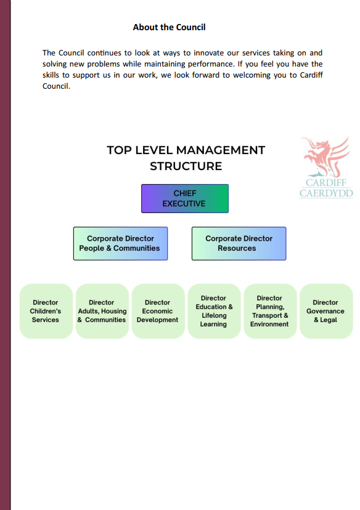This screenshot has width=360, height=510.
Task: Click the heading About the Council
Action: click(x=169, y=27)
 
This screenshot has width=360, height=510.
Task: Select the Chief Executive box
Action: click(x=185, y=198)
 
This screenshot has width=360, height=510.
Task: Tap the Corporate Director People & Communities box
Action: click(x=120, y=243)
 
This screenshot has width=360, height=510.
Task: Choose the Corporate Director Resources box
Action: click(x=239, y=243)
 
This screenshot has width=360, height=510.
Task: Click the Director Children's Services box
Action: click(x=46, y=311)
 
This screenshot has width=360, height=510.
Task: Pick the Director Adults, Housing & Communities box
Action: click(x=102, y=311)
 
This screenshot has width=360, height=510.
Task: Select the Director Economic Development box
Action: click(x=158, y=311)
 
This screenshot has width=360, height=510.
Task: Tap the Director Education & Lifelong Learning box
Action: click(x=214, y=311)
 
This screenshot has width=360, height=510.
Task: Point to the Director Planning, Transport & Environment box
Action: click(x=270, y=311)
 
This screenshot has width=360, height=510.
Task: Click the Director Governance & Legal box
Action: click(x=326, y=311)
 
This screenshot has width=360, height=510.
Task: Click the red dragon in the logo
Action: click(x=325, y=156)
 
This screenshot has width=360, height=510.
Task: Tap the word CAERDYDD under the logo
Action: click(x=326, y=193)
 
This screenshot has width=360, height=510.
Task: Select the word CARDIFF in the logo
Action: click(x=326, y=182)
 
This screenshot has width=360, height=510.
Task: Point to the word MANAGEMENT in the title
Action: click(x=221, y=150)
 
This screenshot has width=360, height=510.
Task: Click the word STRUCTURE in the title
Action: click(x=186, y=166)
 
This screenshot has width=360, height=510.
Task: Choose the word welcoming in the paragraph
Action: click(x=252, y=75)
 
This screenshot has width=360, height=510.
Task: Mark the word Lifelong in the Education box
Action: click(x=214, y=315)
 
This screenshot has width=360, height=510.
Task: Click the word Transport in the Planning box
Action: click(x=267, y=315)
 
